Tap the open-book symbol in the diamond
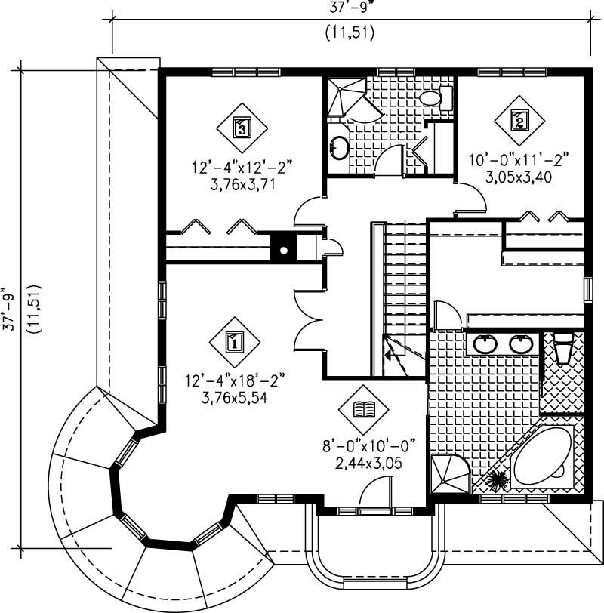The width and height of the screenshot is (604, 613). tap(365, 409)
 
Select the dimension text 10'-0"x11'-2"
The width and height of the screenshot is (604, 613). tap(517, 159)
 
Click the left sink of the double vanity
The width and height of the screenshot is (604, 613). tap(484, 343)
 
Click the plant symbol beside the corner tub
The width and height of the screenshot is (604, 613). tap(498, 479)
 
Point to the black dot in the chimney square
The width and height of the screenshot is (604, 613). tap(285, 250)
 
